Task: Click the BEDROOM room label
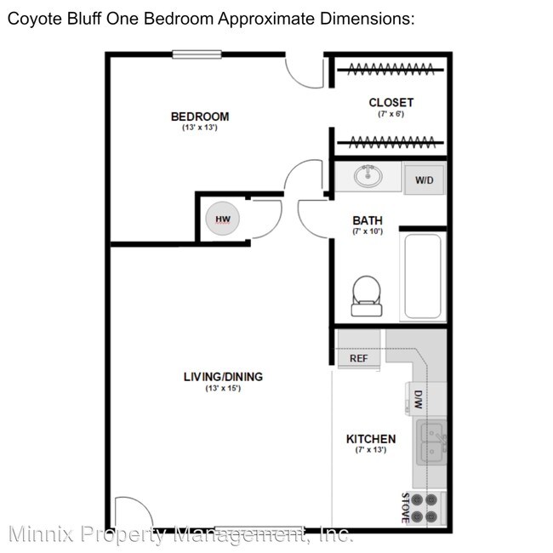pyautogui.click(x=199, y=117)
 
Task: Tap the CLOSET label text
pyautogui.click(x=391, y=103)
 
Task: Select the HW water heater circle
pyautogui.click(x=223, y=219)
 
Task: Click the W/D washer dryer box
pyautogui.click(x=424, y=180)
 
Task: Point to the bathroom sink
pyautogui.click(x=368, y=177)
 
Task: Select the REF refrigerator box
pyautogui.click(x=358, y=358)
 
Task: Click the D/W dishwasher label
pyautogui.click(x=418, y=399)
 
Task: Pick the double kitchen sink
pyautogui.click(x=432, y=442)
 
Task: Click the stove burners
pyautogui.click(x=424, y=507)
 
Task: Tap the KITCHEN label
pyautogui.click(x=371, y=439)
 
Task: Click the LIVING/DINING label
pyautogui.click(x=223, y=377)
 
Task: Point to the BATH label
pyautogui.click(x=368, y=221)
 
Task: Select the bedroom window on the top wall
pyautogui.click(x=197, y=54)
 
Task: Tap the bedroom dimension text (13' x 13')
pyautogui.click(x=199, y=128)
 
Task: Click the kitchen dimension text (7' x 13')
pyautogui.click(x=371, y=449)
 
